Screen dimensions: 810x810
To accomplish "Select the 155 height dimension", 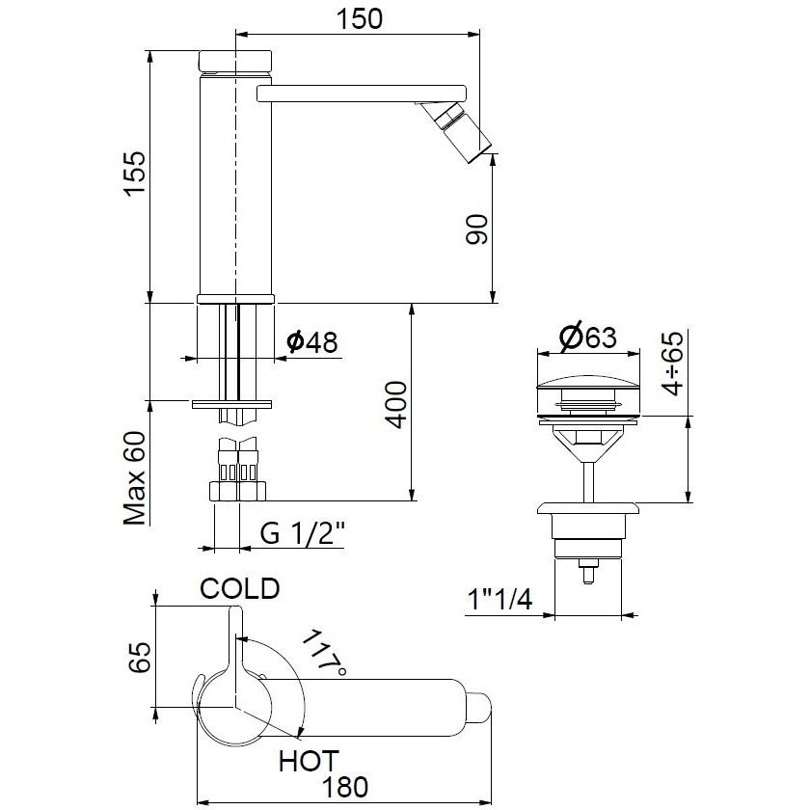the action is [x=135, y=174].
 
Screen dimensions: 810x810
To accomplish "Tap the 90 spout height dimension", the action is [x=476, y=229].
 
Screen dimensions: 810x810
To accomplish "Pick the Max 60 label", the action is [x=134, y=478].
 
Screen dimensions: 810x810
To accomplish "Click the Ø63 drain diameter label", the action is [x=588, y=337].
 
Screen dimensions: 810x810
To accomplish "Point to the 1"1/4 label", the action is [x=499, y=599].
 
